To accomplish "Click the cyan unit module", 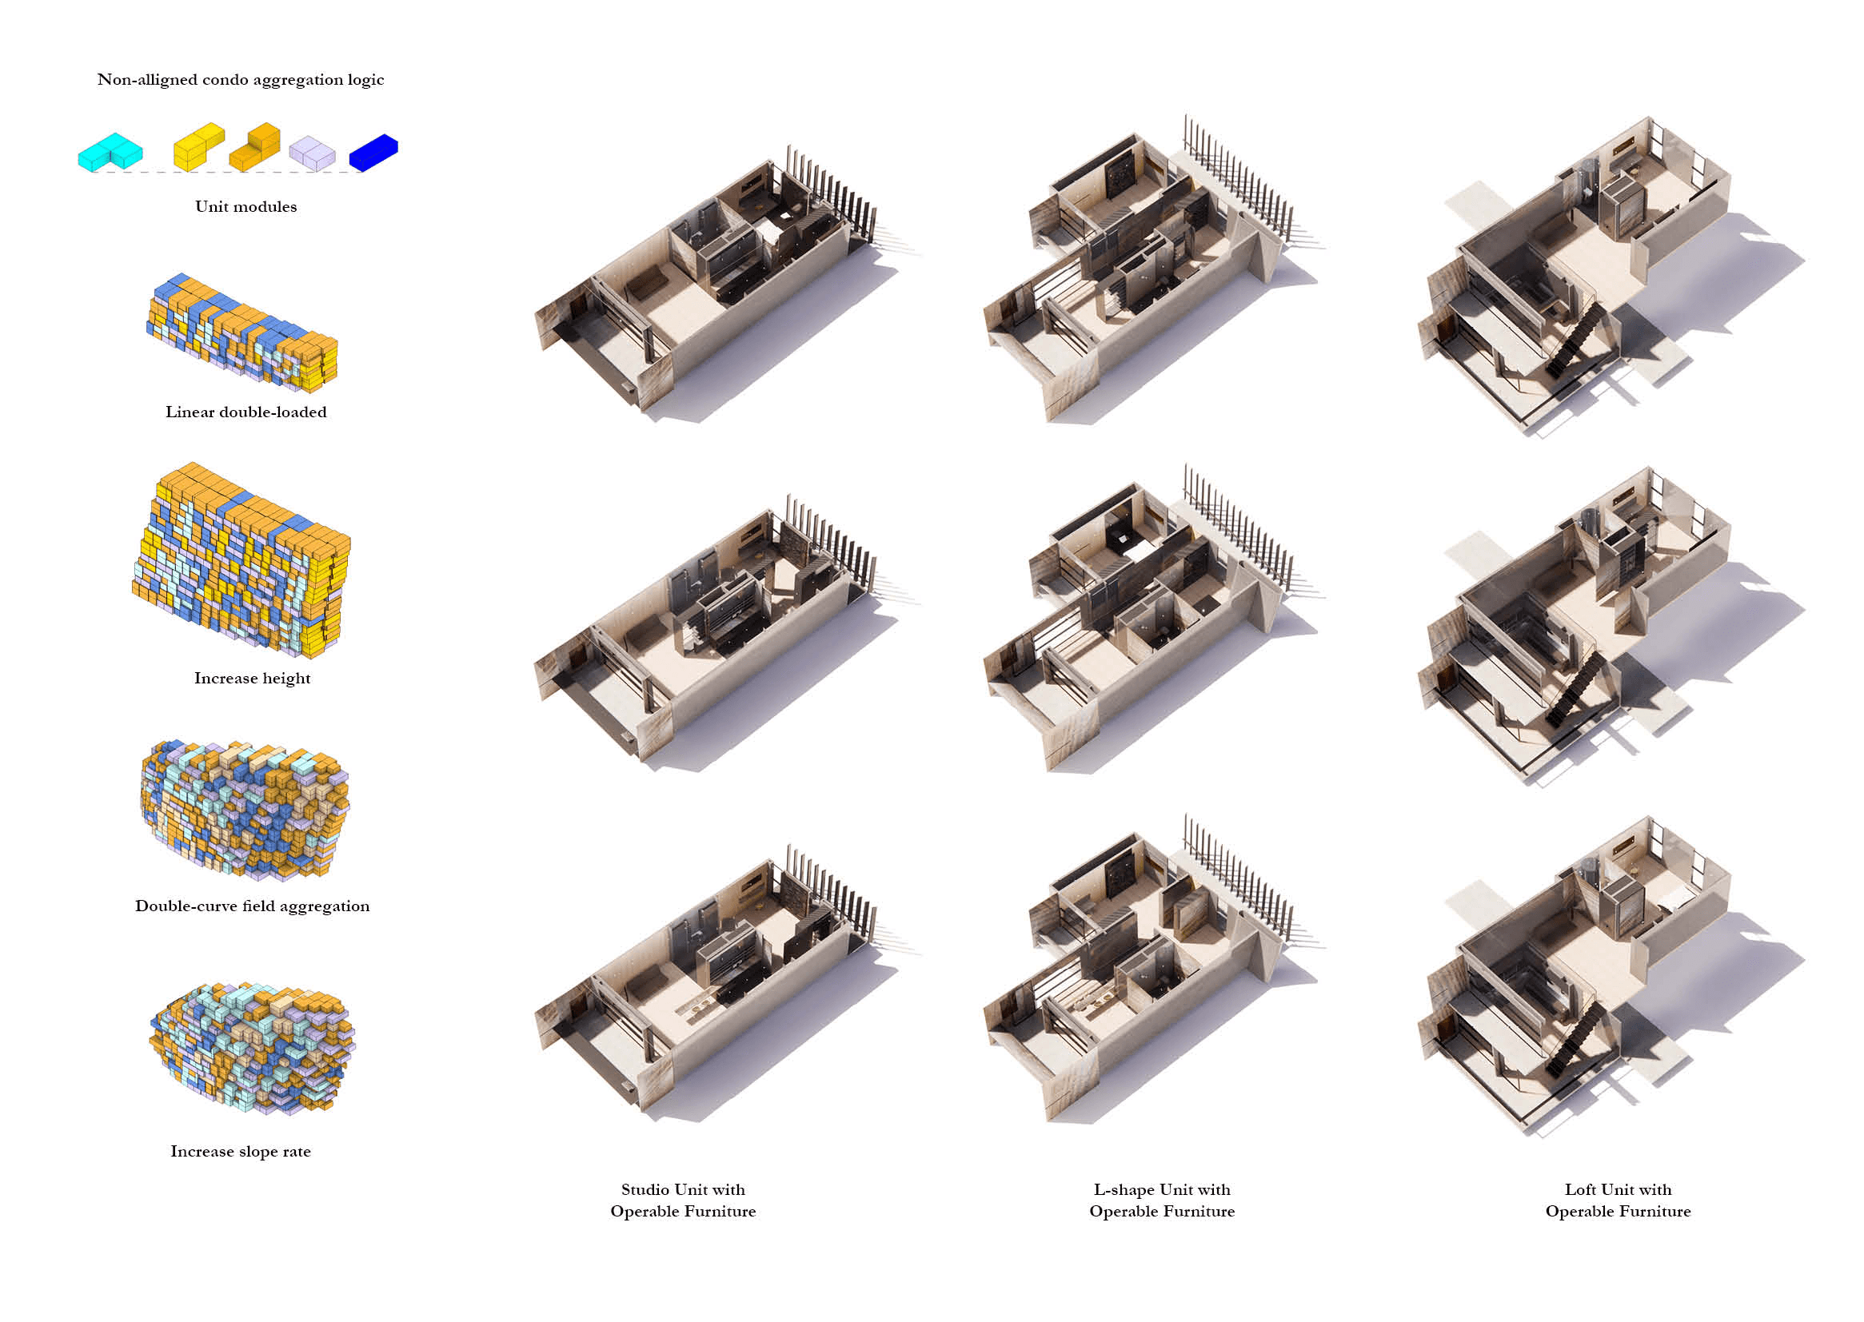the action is (x=110, y=152).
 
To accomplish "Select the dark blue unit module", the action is (x=373, y=152).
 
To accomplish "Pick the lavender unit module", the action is (x=312, y=153).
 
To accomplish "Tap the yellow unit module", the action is (x=198, y=147).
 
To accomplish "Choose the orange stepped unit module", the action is (x=255, y=147).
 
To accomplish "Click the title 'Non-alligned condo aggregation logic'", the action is (x=240, y=80).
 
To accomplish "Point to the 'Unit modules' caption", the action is (x=246, y=207).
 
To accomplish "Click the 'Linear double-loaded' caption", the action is (x=246, y=412).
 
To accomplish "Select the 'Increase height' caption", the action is (x=253, y=678).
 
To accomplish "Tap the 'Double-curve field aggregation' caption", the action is (x=253, y=906).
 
